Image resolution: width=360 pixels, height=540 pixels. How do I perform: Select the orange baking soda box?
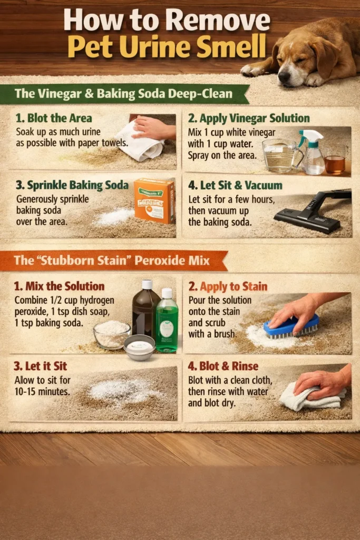click(154, 200)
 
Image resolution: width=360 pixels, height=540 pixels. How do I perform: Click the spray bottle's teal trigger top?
click(310, 136)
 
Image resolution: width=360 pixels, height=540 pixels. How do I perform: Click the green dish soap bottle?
click(167, 321)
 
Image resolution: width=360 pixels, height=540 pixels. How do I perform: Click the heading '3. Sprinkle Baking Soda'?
click(72, 185)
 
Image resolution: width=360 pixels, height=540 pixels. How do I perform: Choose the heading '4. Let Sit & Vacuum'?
click(235, 185)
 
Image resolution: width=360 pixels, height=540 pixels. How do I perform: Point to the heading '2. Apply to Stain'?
click(228, 286)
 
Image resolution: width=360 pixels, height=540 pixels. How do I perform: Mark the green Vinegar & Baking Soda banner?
click(124, 94)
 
